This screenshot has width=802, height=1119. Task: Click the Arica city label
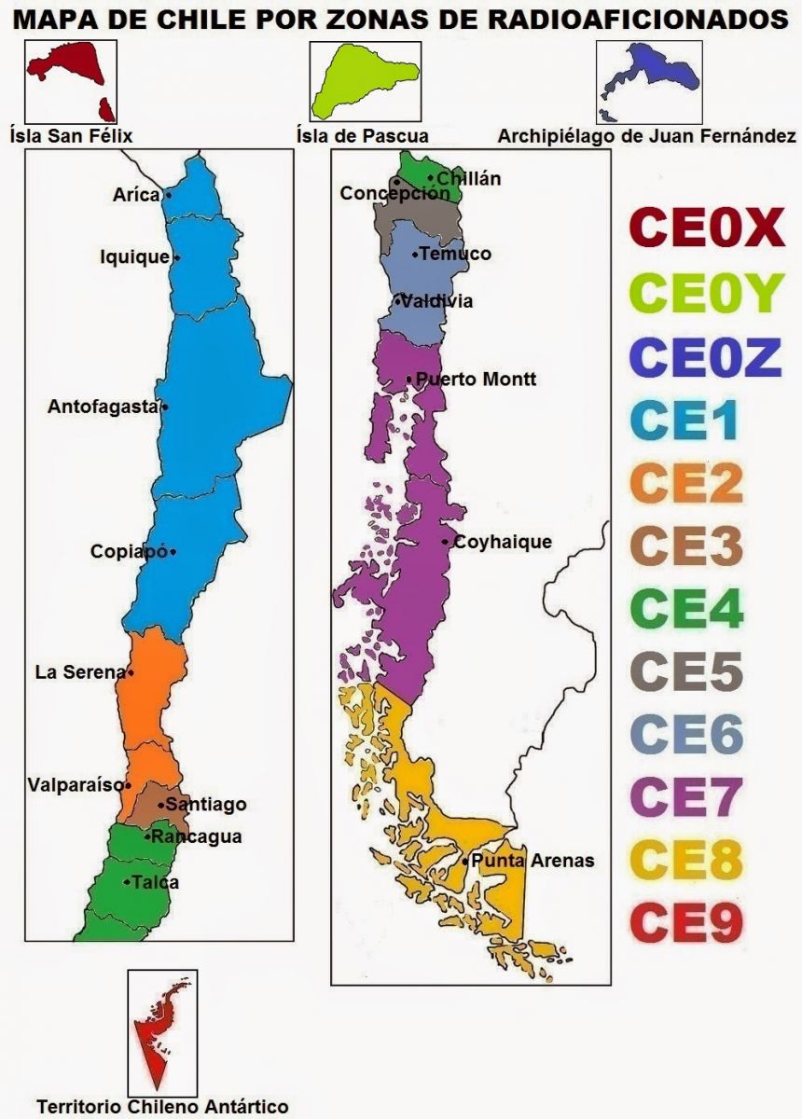135,195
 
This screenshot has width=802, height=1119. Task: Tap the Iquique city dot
177,257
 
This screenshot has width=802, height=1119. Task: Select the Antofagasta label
103,407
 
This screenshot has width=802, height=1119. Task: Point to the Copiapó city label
129,551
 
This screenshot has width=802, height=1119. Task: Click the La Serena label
79,671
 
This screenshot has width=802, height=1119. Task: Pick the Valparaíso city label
75,784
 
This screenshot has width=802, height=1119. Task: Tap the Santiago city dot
161,804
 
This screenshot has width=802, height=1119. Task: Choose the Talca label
155,882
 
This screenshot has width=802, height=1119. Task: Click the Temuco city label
455,254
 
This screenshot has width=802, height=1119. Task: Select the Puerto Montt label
476,380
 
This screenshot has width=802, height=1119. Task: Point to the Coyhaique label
503,542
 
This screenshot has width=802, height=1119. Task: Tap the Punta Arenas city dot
464,861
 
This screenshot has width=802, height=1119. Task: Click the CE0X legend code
707,229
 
